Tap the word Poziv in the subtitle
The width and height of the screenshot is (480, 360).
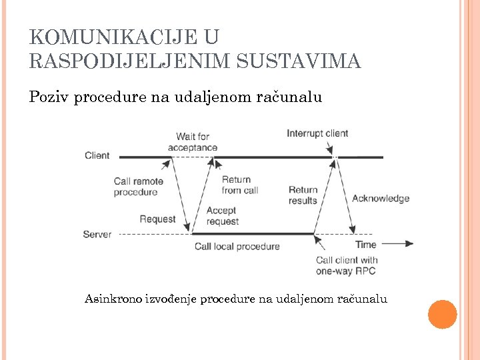tap(49, 97)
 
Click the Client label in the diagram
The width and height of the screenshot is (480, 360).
tap(97, 155)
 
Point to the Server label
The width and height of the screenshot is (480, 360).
tap(97, 234)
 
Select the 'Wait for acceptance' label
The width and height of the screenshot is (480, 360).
tap(193, 142)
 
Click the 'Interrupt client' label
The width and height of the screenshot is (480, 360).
tap(317, 133)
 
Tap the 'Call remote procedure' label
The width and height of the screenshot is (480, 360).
tap(138, 187)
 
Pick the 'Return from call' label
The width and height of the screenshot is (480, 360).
tap(239, 185)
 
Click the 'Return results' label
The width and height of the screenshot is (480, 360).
tap(303, 195)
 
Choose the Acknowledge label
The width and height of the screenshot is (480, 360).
tap(380, 198)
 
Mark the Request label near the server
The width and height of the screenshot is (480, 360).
tap(158, 219)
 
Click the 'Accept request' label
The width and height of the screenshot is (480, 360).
tap(223, 216)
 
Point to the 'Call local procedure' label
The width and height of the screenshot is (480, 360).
tap(237, 247)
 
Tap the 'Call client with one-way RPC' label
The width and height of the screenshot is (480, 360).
tap(347, 265)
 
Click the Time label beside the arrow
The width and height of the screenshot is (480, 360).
tap(366, 244)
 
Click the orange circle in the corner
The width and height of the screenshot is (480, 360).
tap(442, 315)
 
